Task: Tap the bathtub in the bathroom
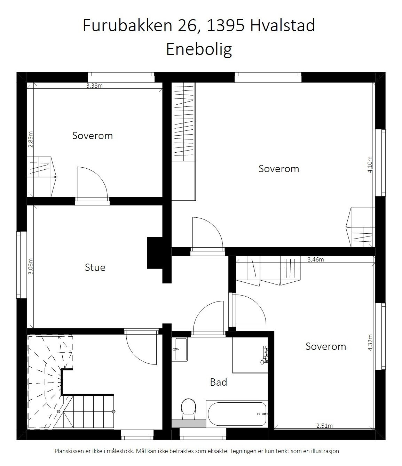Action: [237, 414]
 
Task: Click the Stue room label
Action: [95, 267]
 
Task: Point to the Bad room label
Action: [219, 382]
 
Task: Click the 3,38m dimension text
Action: [94, 86]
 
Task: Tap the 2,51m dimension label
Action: [324, 426]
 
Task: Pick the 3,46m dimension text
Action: [316, 259]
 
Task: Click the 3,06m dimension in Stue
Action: [30, 266]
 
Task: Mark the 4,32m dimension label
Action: [370, 343]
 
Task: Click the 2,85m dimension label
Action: [30, 139]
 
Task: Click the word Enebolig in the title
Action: [199, 49]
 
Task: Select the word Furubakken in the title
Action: [127, 25]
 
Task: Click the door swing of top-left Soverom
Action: [91, 183]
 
